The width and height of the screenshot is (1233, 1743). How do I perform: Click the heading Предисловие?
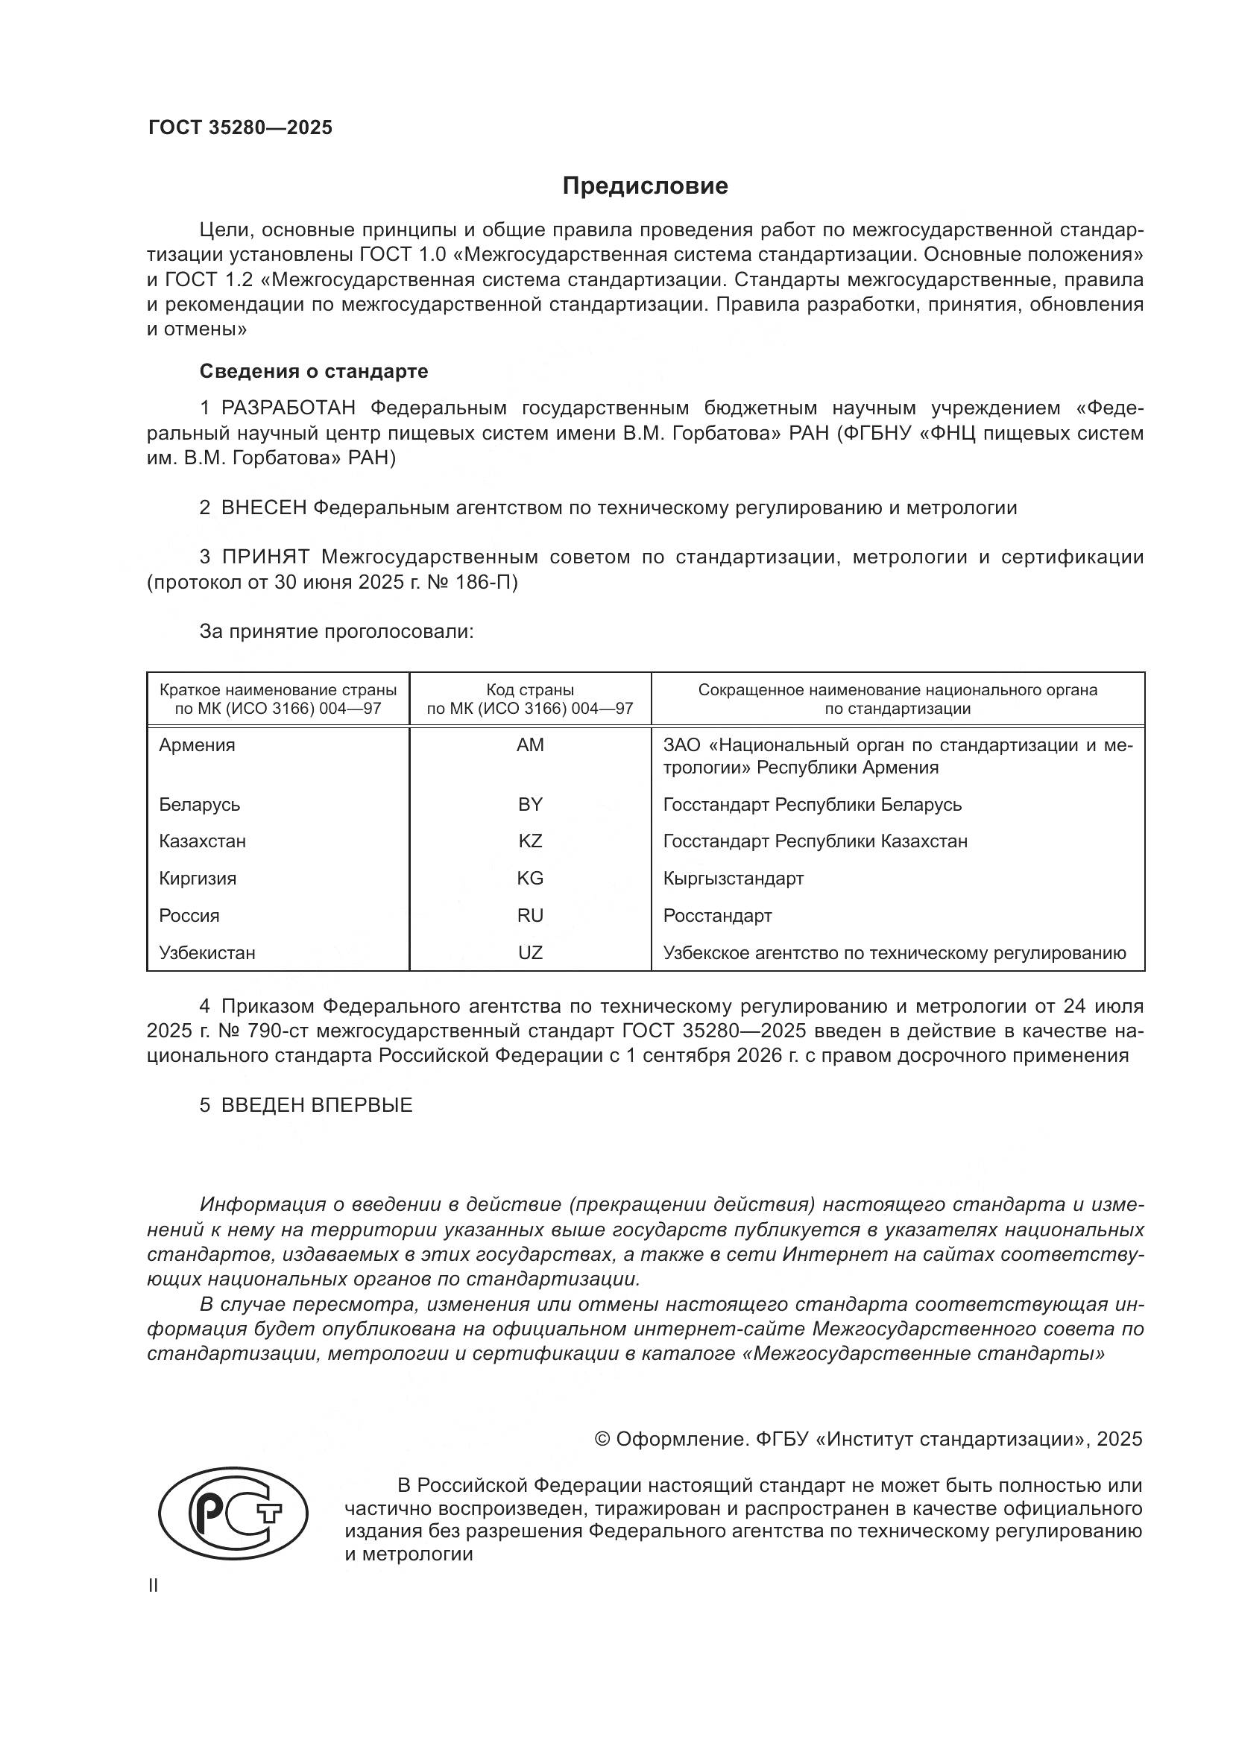645,186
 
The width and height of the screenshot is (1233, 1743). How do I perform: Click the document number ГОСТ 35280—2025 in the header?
240,127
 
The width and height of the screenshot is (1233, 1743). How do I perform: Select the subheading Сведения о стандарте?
314,371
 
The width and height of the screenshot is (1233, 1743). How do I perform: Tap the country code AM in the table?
530,744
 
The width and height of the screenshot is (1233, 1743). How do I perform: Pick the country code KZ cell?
530,841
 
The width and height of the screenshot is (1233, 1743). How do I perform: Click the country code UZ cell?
530,953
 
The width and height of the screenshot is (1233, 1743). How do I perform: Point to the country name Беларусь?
200,804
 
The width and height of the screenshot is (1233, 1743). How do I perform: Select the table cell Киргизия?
198,879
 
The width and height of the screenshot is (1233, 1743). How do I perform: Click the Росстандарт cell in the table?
717,916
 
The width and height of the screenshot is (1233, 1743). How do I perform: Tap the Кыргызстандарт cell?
734,879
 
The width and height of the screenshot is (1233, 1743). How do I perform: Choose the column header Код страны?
530,690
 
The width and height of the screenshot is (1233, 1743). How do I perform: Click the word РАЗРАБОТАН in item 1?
288,408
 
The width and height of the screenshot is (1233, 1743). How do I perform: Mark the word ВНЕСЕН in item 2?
263,508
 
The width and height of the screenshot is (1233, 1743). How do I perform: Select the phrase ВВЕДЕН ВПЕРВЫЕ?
317,1105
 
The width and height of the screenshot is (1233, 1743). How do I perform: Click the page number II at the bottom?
154,1586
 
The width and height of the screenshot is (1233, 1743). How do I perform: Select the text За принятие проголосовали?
336,632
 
